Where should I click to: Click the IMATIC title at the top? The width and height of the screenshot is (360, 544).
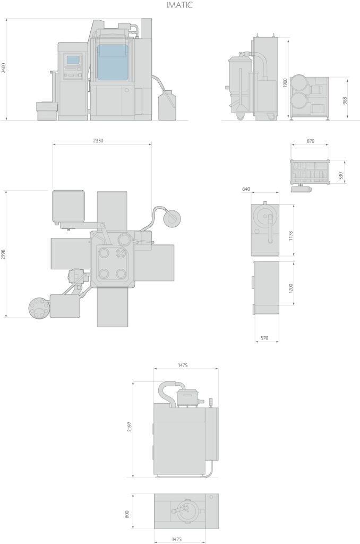[179, 5]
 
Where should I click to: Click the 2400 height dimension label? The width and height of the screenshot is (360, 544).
[4, 68]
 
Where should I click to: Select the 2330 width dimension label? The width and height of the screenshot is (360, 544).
[98, 141]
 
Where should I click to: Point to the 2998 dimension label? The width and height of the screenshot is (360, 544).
[4, 254]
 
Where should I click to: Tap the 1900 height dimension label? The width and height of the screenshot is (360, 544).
[285, 82]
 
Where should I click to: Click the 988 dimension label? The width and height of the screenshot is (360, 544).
[345, 100]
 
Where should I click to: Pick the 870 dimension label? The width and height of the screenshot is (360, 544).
[311, 141]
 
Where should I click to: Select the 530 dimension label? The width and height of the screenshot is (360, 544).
[340, 176]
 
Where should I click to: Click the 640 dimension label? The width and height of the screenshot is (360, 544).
[246, 189]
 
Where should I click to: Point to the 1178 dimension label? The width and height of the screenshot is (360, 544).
[290, 235]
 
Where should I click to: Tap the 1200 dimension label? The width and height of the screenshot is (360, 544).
[290, 288]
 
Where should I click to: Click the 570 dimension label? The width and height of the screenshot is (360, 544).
[264, 337]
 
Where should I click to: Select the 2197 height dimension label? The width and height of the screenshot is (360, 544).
[130, 427]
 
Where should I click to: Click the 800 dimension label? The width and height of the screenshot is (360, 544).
[127, 514]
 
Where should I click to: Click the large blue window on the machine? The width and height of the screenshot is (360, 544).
[112, 63]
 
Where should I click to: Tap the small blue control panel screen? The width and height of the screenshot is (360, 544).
[73, 60]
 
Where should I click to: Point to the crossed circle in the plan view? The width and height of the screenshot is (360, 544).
[121, 253]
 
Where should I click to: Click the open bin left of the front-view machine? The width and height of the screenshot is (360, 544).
[47, 111]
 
